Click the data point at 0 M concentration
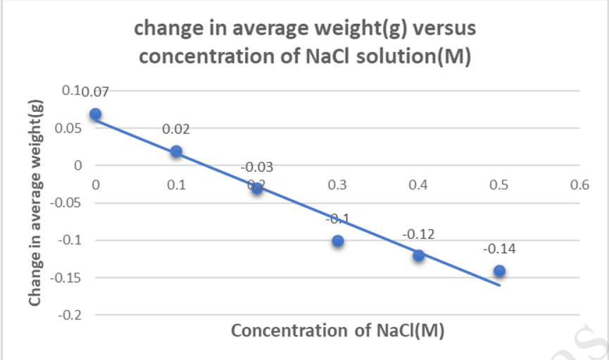click(96, 114)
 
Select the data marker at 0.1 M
click(176, 151)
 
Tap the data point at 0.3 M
click(338, 241)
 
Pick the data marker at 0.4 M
click(419, 255)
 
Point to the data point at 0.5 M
click(499, 271)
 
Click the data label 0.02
click(176, 130)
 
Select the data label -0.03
click(257, 168)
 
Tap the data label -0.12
click(418, 234)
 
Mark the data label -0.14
click(499, 249)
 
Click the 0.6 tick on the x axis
click(579, 185)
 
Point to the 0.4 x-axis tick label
click(418, 185)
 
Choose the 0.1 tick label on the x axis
click(176, 185)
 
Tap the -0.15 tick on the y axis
click(70, 278)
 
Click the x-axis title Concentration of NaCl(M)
click(338, 330)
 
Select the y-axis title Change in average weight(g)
click(36, 203)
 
